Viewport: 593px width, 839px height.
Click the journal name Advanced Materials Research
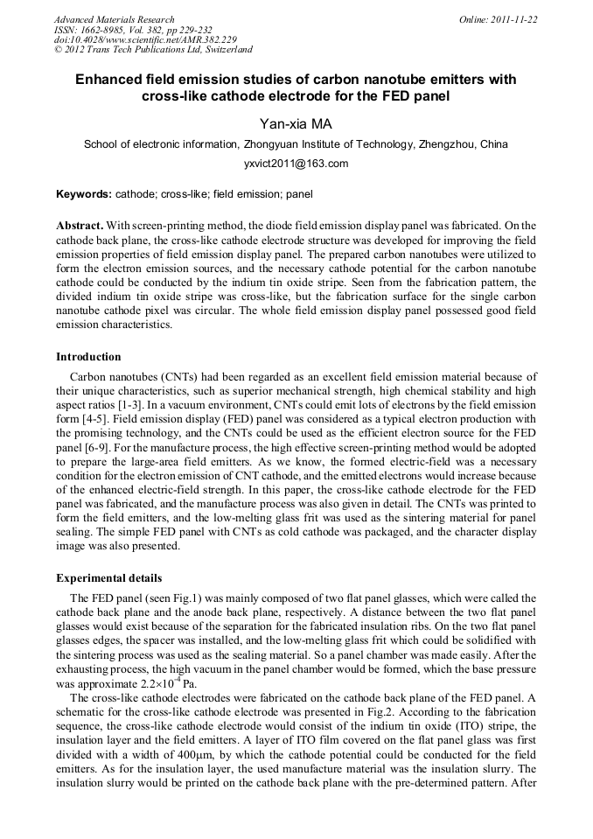click(114, 19)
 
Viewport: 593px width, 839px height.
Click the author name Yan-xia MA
click(296, 124)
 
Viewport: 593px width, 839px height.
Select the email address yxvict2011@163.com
click(296, 164)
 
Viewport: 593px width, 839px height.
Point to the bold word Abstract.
click(79, 226)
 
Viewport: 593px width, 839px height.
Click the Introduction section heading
click(88, 357)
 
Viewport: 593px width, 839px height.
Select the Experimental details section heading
click(108, 578)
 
